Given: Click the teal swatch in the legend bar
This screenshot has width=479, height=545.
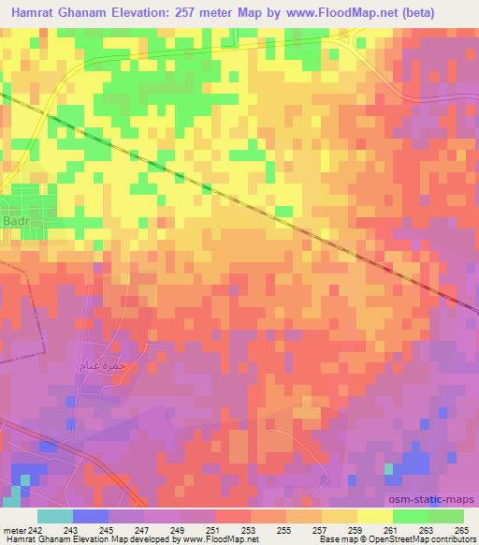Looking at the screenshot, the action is [54, 516].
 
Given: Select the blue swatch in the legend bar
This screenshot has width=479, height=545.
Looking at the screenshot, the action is [90, 516].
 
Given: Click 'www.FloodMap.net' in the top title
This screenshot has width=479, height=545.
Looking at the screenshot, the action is [342, 13].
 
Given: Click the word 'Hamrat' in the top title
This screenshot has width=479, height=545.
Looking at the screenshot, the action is [32, 13].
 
